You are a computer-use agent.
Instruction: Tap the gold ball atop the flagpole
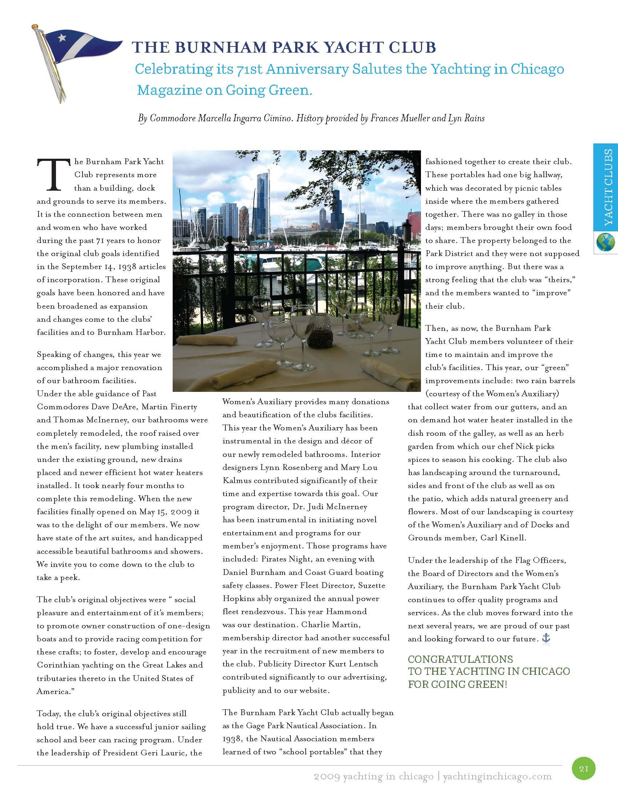tap(35, 27)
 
